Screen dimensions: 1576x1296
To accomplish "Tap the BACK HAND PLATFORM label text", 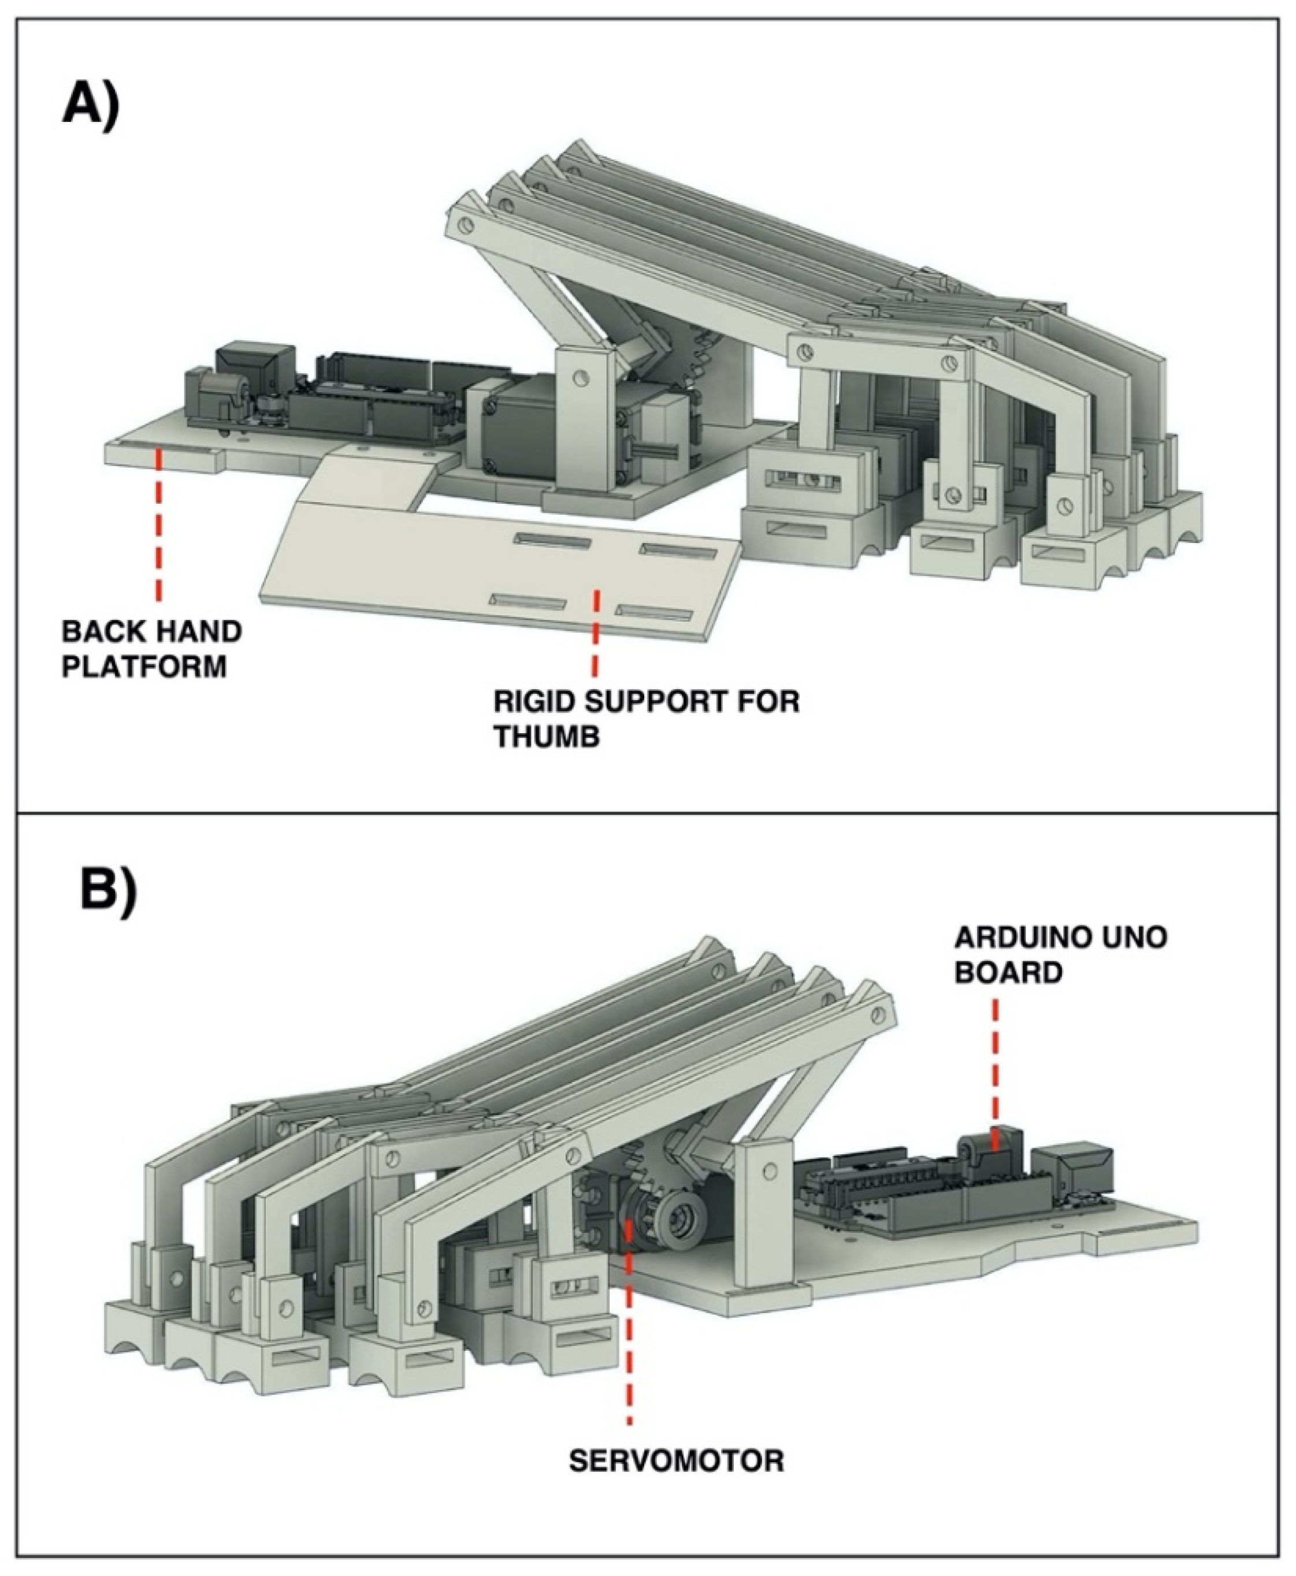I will [x=151, y=649].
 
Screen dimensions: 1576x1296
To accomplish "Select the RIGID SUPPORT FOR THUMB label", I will [x=646, y=720].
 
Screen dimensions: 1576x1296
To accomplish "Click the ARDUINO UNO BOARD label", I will [x=1061, y=955].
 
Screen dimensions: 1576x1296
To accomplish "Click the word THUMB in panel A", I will [x=547, y=738].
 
